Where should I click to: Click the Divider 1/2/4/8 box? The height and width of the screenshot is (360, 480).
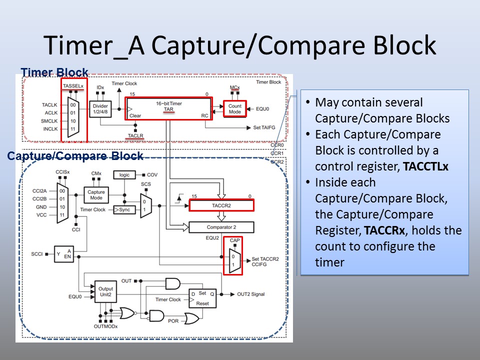pyautogui.click(x=100, y=109)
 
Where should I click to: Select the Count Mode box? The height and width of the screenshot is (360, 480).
pyautogui.click(x=235, y=108)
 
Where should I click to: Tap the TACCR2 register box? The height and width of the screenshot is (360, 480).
pyautogui.click(x=221, y=205)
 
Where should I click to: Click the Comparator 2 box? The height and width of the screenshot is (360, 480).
pyautogui.click(x=221, y=227)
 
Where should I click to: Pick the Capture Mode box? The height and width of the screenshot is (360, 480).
pyautogui.click(x=96, y=195)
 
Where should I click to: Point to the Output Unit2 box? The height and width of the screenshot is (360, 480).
pyautogui.click(x=105, y=291)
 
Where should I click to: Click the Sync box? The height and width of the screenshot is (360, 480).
pyautogui.click(x=124, y=209)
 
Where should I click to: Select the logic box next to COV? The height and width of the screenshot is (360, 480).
pyautogui.click(x=124, y=175)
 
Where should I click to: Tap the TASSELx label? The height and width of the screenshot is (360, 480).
pyautogui.click(x=73, y=86)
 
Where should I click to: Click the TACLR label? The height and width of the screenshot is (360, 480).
pyautogui.click(x=135, y=135)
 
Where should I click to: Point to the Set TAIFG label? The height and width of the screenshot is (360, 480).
pyautogui.click(x=264, y=127)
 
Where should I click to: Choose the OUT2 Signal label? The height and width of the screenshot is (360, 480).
pyautogui.click(x=250, y=294)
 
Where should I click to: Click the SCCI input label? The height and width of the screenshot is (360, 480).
pyautogui.click(x=36, y=254)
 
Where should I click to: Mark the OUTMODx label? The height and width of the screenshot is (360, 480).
pyautogui.click(x=105, y=326)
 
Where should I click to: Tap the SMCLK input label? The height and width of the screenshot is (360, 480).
pyautogui.click(x=49, y=121)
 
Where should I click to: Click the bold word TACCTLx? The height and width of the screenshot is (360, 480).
pyautogui.click(x=425, y=166)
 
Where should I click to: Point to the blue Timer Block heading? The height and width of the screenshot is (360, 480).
pyautogui.click(x=54, y=72)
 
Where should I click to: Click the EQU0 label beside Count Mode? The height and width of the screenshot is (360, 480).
pyautogui.click(x=262, y=109)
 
